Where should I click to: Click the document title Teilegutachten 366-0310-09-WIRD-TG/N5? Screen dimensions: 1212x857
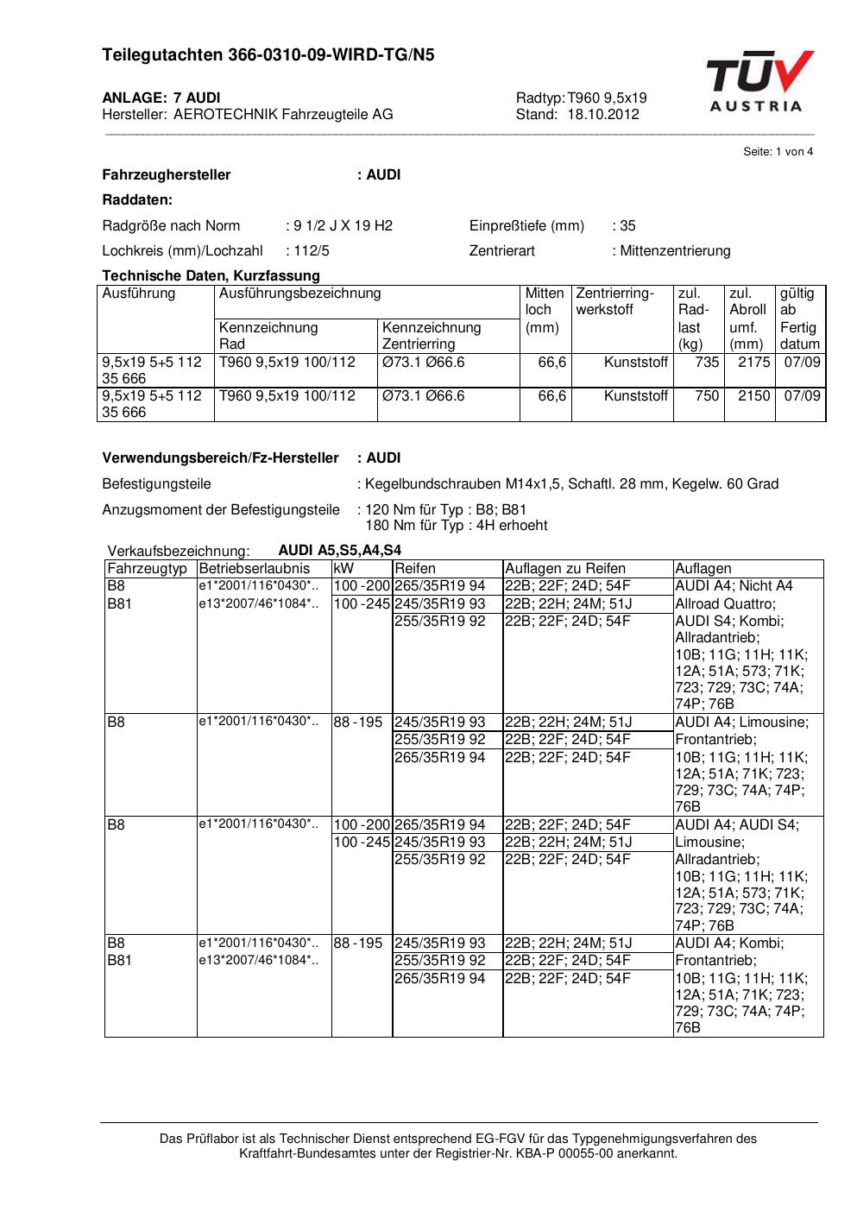[x=268, y=55]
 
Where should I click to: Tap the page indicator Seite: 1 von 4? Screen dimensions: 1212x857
[x=778, y=152]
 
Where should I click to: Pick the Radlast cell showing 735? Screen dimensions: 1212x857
[x=707, y=363]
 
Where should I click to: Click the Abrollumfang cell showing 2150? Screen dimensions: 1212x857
[x=753, y=396]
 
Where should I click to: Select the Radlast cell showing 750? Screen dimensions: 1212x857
[x=707, y=396]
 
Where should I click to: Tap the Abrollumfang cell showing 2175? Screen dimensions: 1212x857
[x=753, y=363]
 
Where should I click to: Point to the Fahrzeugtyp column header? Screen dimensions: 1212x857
[x=147, y=569]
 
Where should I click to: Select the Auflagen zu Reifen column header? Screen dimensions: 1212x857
[x=564, y=569]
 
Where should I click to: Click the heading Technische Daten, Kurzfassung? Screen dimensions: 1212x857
[x=211, y=276]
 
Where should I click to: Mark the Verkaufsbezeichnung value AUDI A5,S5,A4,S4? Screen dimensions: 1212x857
[x=339, y=551]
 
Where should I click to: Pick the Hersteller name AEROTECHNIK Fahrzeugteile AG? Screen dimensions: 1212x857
[x=283, y=114]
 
